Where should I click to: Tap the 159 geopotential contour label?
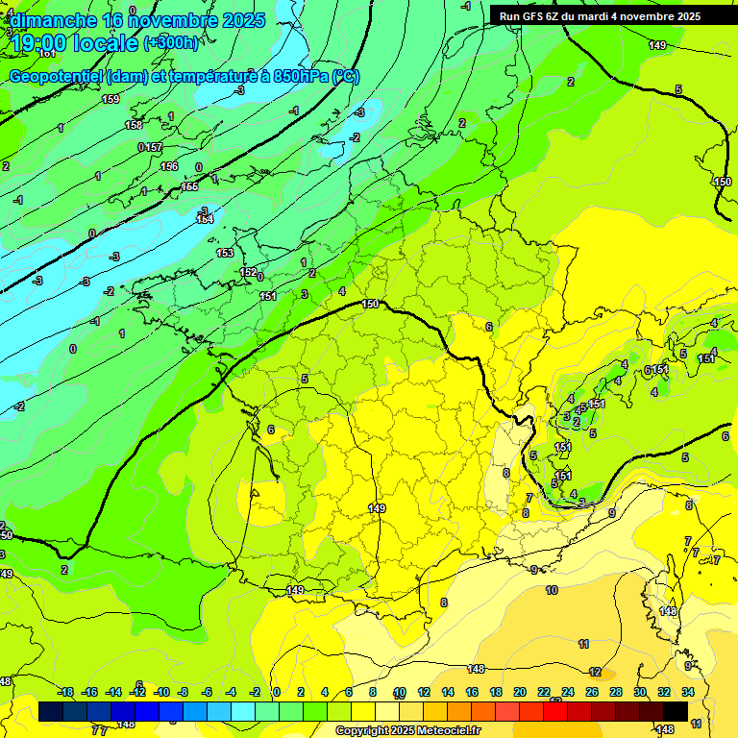click(x=111, y=99)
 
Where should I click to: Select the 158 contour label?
click(x=134, y=125)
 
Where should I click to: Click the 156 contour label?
click(x=169, y=166)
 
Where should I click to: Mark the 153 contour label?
click(x=225, y=253)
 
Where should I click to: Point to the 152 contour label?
click(x=248, y=272)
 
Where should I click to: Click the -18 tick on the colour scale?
click(x=65, y=692)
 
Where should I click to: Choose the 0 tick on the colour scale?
click(x=276, y=692)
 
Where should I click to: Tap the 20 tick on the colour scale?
click(x=519, y=692)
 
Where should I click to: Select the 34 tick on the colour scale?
click(x=688, y=692)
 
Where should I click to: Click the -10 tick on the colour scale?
click(x=162, y=692)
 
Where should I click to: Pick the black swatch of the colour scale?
click(x=676, y=711)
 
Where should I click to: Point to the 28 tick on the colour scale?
click(x=616, y=692)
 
